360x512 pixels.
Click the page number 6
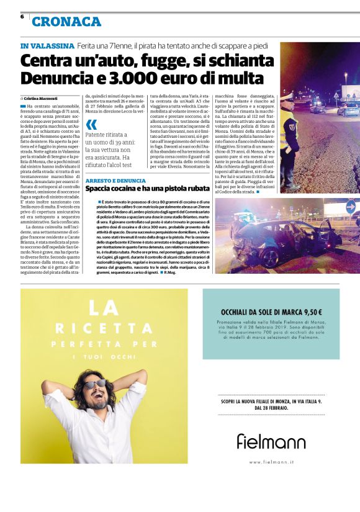[x=22, y=16]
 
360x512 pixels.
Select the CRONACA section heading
[x=66, y=22]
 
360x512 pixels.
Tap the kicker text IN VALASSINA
[x=47, y=46]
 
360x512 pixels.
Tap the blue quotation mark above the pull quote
[x=91, y=124]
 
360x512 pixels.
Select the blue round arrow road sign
[x=351, y=207]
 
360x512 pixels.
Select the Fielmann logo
[x=271, y=441]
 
